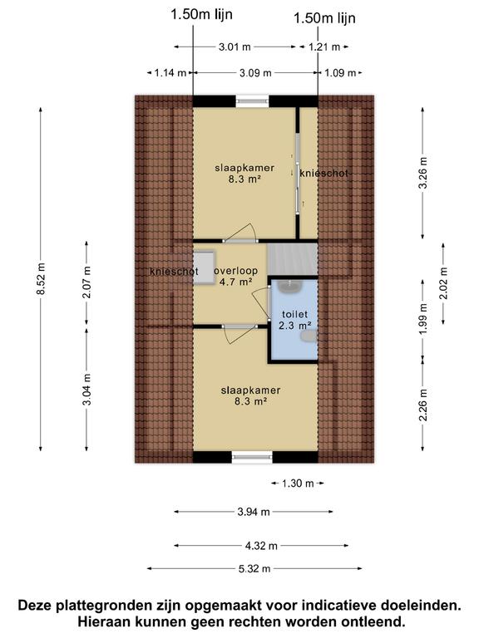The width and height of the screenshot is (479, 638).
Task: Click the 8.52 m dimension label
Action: click(42, 279)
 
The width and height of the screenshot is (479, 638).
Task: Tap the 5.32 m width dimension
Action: click(254, 568)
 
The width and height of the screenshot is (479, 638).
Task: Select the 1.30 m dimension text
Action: click(298, 483)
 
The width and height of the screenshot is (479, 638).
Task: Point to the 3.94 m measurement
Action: click(254, 512)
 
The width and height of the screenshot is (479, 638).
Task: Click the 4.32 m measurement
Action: click(261, 546)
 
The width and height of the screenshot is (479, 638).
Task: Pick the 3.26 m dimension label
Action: click(423, 173)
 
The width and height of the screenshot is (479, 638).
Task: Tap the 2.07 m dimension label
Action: click(87, 282)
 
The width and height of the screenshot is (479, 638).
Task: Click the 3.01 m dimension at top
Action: click(235, 47)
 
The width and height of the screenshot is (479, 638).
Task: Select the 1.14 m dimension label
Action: click(170, 73)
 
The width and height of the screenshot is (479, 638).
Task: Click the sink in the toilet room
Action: click(289, 287)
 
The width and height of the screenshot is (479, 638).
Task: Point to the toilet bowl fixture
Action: click(309, 336)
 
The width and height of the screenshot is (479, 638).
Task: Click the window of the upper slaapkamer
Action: click(252, 101)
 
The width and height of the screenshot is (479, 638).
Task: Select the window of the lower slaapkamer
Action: click(252, 458)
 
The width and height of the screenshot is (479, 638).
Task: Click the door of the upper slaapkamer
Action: click(240, 235)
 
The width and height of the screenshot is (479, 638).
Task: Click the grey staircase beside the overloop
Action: click(293, 259)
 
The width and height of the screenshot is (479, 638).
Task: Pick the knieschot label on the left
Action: click(174, 272)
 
